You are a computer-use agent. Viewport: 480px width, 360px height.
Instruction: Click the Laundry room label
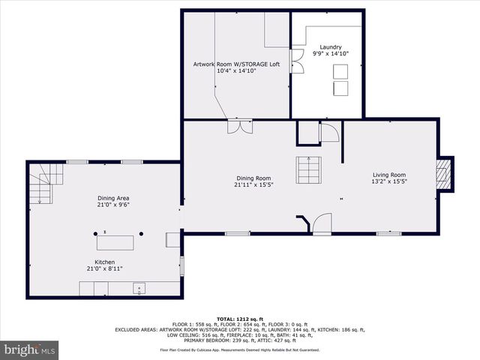point(330,46)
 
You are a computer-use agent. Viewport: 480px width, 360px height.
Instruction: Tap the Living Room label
point(388,175)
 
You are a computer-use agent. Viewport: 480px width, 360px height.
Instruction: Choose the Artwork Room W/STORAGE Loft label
point(236,64)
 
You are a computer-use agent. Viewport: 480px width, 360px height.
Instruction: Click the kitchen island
point(115,242)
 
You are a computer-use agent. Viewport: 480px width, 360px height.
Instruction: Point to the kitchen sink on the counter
point(139,287)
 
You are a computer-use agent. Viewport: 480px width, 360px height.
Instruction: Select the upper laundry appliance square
point(340,71)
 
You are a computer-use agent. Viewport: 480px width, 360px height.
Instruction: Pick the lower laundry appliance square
point(340,88)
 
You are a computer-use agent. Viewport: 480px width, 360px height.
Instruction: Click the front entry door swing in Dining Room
point(322,223)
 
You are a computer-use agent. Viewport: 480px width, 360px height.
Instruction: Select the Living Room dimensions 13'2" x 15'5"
point(388,181)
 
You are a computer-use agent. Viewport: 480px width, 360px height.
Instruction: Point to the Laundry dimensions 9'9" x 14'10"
point(330,53)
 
